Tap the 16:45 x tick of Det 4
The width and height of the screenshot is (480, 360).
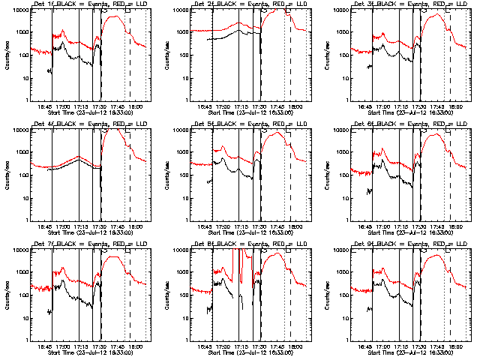click(44, 226)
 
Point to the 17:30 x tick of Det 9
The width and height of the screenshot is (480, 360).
click(419, 346)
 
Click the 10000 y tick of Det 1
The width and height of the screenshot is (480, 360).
click(19, 10)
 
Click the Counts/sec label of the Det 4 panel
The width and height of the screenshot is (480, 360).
click(7, 174)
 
